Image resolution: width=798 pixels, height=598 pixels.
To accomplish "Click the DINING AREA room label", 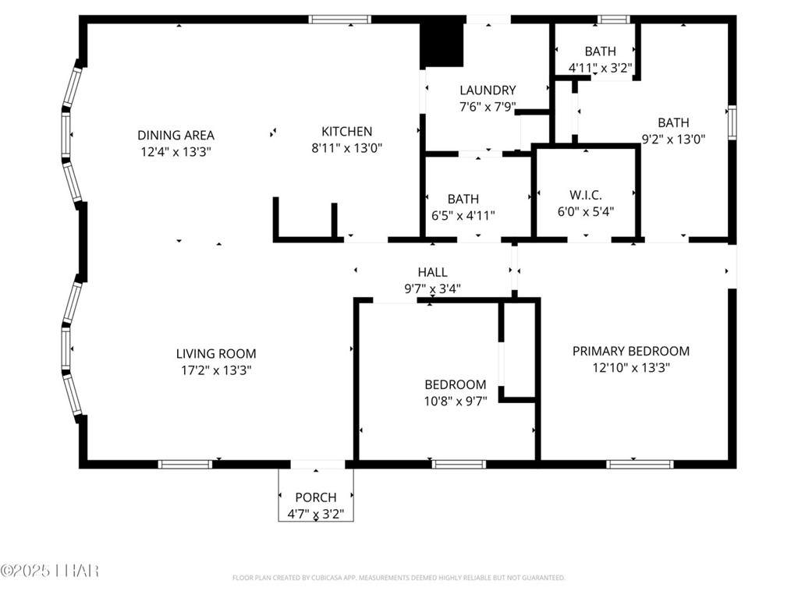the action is coord(176,135).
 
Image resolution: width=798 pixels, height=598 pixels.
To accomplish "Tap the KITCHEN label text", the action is coord(346,132).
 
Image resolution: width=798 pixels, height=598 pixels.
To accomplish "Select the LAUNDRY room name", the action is coord(488,90).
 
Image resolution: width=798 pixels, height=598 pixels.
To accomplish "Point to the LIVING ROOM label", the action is coord(216,353).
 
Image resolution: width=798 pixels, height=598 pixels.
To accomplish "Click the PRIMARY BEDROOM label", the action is coord(631,351).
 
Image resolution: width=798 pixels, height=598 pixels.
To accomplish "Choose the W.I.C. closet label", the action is coord(586,195).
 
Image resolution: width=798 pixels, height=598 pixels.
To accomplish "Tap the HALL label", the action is coord(433,272).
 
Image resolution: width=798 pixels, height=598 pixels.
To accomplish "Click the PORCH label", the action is coord(316,497).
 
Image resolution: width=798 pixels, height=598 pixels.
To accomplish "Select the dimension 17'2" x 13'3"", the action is coord(216,370).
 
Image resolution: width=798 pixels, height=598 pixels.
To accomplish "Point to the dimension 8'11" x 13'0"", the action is coord(346,148).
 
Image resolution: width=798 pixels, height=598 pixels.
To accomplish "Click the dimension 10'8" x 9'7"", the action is coord(456,402).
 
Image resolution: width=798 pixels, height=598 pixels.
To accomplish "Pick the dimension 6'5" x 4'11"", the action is coord(463,216).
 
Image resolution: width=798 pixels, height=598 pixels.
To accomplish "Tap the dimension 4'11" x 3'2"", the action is coord(600,68).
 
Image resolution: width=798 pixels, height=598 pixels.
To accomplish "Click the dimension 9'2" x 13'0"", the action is coord(673,140).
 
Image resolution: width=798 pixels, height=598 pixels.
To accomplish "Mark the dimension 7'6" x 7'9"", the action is coord(488,108).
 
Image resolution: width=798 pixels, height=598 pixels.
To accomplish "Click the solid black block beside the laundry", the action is coord(442,45).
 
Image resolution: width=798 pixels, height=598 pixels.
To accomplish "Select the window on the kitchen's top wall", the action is coord(339,19).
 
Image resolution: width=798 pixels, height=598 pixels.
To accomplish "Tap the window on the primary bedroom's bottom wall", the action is coord(640,464).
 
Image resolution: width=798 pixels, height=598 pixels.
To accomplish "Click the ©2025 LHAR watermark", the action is coord(49,571).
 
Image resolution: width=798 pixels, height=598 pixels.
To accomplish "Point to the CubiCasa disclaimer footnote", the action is coord(399,578).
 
